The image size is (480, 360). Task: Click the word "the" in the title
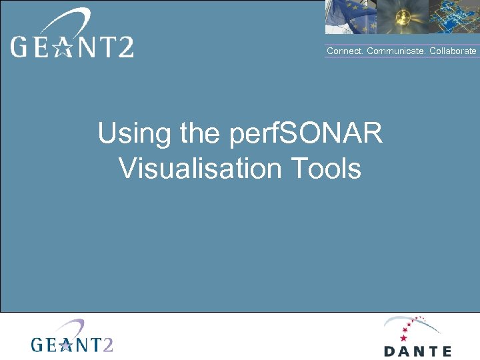click(x=199, y=134)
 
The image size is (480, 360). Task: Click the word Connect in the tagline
click(x=345, y=51)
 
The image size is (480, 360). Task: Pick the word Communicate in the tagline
click(x=397, y=51)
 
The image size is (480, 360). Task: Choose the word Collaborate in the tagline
click(x=453, y=51)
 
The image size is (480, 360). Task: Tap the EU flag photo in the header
click(x=351, y=17)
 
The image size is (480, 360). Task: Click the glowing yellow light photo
click(x=402, y=17)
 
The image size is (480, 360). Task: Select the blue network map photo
click(x=453, y=17)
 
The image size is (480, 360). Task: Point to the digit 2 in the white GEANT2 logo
click(x=124, y=47)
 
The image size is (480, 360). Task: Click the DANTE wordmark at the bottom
click(x=417, y=351)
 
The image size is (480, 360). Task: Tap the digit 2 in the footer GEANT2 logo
click(x=107, y=344)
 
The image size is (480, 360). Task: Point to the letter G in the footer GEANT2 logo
click(x=38, y=344)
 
